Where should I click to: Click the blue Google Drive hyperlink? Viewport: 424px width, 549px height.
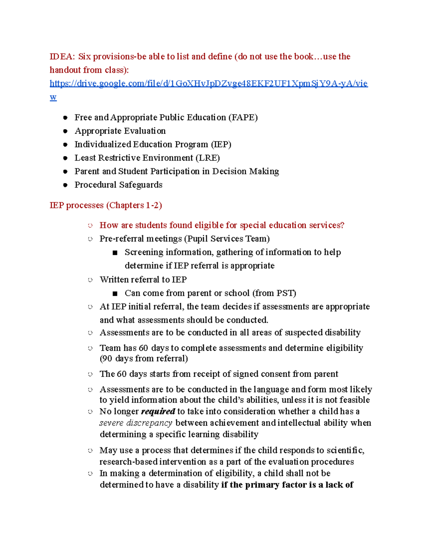pyautogui.click(x=208, y=84)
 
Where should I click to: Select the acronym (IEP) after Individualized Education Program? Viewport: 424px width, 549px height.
pyautogui.click(x=221, y=144)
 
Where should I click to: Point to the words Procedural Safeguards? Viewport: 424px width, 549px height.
pyautogui.click(x=118, y=185)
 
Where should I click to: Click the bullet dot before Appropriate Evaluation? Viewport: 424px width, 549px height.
pyautogui.click(x=65, y=131)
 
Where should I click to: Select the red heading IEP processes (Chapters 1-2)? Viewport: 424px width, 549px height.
pyautogui.click(x=106, y=205)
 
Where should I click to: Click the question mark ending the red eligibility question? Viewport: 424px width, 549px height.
pyautogui.click(x=342, y=225)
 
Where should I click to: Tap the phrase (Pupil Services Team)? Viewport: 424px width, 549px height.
pyautogui.click(x=226, y=239)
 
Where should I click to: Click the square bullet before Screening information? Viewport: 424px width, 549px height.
pyautogui.click(x=114, y=253)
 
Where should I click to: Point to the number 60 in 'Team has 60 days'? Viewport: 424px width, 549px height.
pyautogui.click(x=143, y=348)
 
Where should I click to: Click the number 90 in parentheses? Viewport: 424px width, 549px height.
pyautogui.click(x=107, y=358)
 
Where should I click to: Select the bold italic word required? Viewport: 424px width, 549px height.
pyautogui.click(x=158, y=411)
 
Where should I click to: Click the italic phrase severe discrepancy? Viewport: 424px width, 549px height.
pyautogui.click(x=136, y=423)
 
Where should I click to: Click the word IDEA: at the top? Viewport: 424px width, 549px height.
pyautogui.click(x=62, y=57)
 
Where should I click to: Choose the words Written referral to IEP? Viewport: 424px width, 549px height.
pyautogui.click(x=143, y=280)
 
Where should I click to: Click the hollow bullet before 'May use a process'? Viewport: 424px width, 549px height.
pyautogui.click(x=90, y=451)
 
